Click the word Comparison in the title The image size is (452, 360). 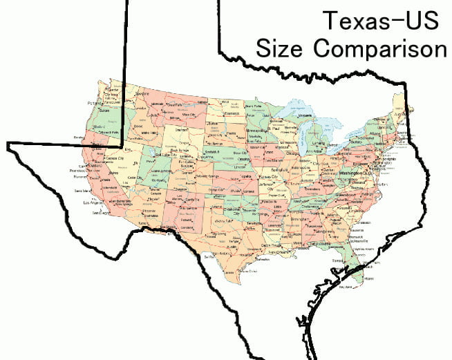coord(390,48)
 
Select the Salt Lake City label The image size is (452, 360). coord(151,156)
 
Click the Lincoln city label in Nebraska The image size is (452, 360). coord(241,166)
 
